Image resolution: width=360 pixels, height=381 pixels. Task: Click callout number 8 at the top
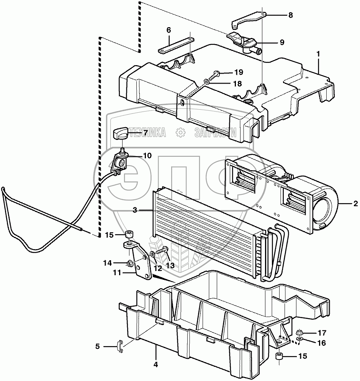click(290, 16)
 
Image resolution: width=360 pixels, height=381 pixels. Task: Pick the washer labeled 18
click(206, 81)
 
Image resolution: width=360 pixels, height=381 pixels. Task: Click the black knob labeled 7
click(120, 133)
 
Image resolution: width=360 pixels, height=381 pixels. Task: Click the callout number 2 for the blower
click(355, 204)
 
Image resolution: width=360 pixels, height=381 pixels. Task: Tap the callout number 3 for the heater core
click(135, 210)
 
